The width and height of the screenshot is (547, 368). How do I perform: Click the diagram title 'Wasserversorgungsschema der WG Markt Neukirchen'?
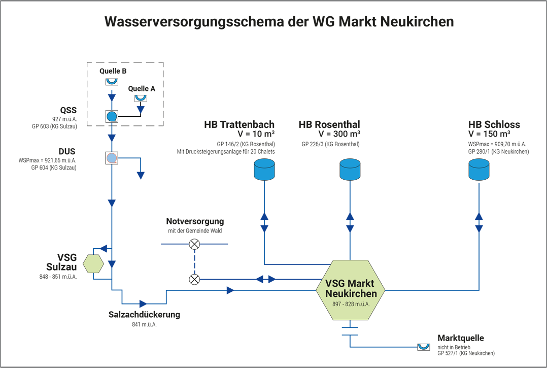pos(279,22)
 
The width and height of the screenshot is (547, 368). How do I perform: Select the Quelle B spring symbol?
pos(112,81)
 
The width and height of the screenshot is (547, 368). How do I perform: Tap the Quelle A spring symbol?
pos(141,98)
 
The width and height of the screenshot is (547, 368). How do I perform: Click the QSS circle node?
pos(112,116)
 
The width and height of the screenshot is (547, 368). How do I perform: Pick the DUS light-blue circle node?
pos(112,158)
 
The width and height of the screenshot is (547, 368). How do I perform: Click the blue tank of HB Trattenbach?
pos(264,170)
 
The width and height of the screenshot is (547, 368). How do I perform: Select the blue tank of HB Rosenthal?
pos(350,170)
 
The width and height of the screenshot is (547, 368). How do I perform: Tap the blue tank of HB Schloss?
pos(478,170)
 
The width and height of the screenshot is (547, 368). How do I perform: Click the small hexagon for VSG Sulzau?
pos(93,264)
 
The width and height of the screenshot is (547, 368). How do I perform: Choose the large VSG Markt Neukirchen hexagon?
pos(351,290)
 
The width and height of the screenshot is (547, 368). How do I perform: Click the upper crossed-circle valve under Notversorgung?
pos(194,244)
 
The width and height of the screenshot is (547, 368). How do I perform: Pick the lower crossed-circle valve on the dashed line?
pos(194,279)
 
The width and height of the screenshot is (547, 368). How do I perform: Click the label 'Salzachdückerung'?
pos(144,315)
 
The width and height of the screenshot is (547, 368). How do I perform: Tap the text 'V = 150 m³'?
pos(489,135)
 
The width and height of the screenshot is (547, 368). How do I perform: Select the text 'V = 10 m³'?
pos(256,135)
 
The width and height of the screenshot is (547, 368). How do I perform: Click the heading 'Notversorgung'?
pos(195,222)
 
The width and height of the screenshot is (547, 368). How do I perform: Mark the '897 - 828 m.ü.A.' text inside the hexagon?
pos(351,304)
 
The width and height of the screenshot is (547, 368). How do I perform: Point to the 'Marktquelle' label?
pos(460,338)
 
